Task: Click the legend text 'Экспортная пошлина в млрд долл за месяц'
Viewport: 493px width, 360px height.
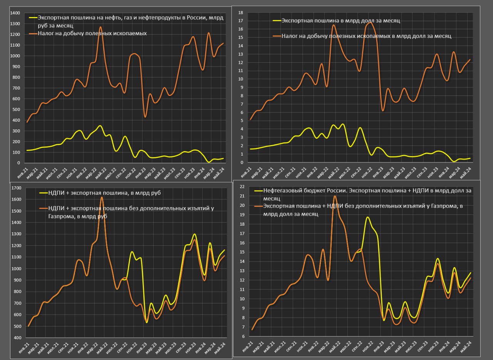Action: pyautogui.click(x=341, y=21)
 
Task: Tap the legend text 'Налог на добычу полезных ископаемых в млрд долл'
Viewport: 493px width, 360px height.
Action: pyautogui.click(x=366, y=36)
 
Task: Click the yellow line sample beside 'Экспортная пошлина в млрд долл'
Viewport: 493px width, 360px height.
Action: pyautogui.click(x=277, y=21)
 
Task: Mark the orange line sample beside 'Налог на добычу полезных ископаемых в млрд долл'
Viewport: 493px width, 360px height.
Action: pyautogui.click(x=277, y=36)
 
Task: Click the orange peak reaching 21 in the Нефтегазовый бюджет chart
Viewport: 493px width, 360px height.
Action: pyautogui.click(x=335, y=196)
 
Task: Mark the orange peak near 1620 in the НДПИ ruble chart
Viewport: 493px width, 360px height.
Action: pyautogui.click(x=102, y=197)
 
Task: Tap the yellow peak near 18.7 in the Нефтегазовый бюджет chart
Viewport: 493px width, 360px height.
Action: pyautogui.click(x=368, y=217)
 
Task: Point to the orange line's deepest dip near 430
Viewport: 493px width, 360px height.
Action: pyautogui.click(x=145, y=117)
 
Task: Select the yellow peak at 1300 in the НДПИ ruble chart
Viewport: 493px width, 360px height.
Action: pyautogui.click(x=194, y=234)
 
